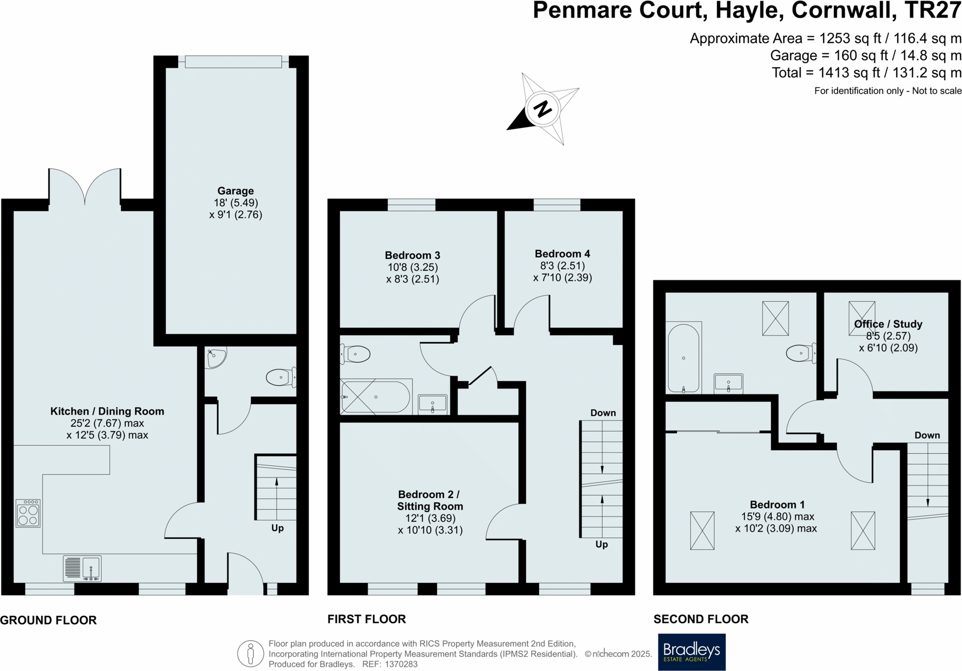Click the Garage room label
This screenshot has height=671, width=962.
tap(235, 191)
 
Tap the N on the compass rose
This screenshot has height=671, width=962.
tap(543, 109)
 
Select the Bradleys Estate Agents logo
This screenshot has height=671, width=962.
tap(691, 652)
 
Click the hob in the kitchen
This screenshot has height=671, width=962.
tap(28, 513)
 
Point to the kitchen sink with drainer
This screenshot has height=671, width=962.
tap(82, 568)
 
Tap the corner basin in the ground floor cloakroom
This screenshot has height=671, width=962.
tap(215, 357)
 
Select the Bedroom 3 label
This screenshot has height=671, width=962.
tap(412, 255)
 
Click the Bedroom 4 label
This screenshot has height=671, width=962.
tap(562, 254)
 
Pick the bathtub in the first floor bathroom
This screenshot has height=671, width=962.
tap(375, 397)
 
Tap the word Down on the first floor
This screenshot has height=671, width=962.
tap(603, 413)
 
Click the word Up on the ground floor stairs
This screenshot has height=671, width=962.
tap(277, 528)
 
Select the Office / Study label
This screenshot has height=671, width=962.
tap(888, 324)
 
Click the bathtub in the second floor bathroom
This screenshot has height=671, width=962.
tap(684, 358)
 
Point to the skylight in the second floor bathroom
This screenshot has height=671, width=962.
tap(775, 318)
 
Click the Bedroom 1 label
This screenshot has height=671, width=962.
tap(777, 505)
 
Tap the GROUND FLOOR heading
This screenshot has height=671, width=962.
tap(48, 620)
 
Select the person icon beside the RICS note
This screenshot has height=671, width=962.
tap(250, 653)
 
